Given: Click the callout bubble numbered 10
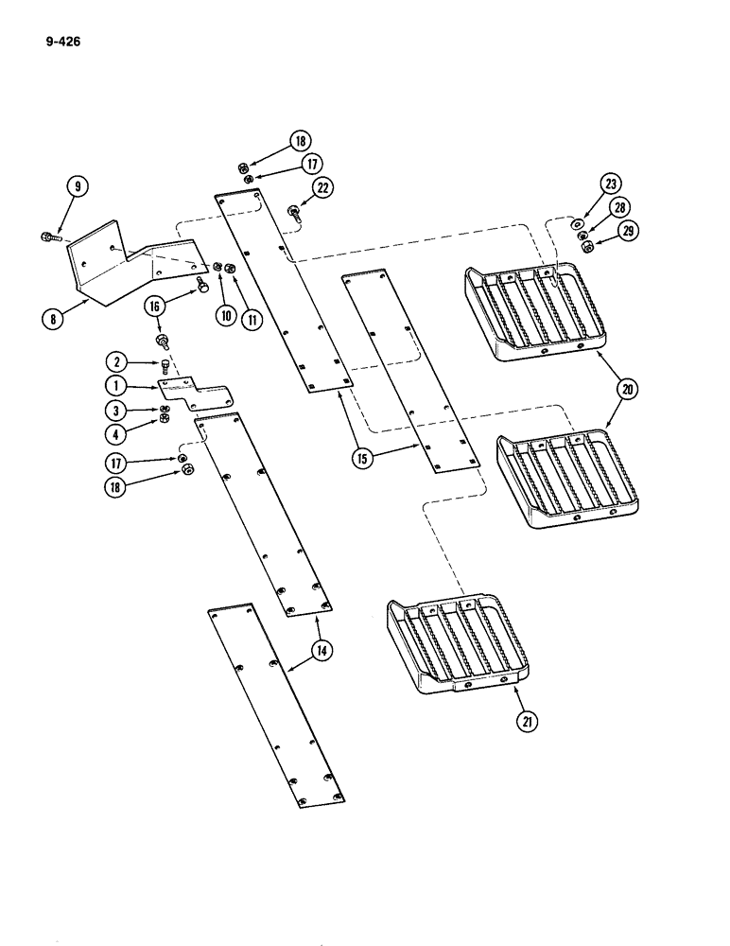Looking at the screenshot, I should coord(225,316).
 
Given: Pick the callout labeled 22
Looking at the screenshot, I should coord(322,188).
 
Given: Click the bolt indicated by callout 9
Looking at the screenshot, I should coord(47,236).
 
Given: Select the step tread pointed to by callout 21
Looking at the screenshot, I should coord(454,643).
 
